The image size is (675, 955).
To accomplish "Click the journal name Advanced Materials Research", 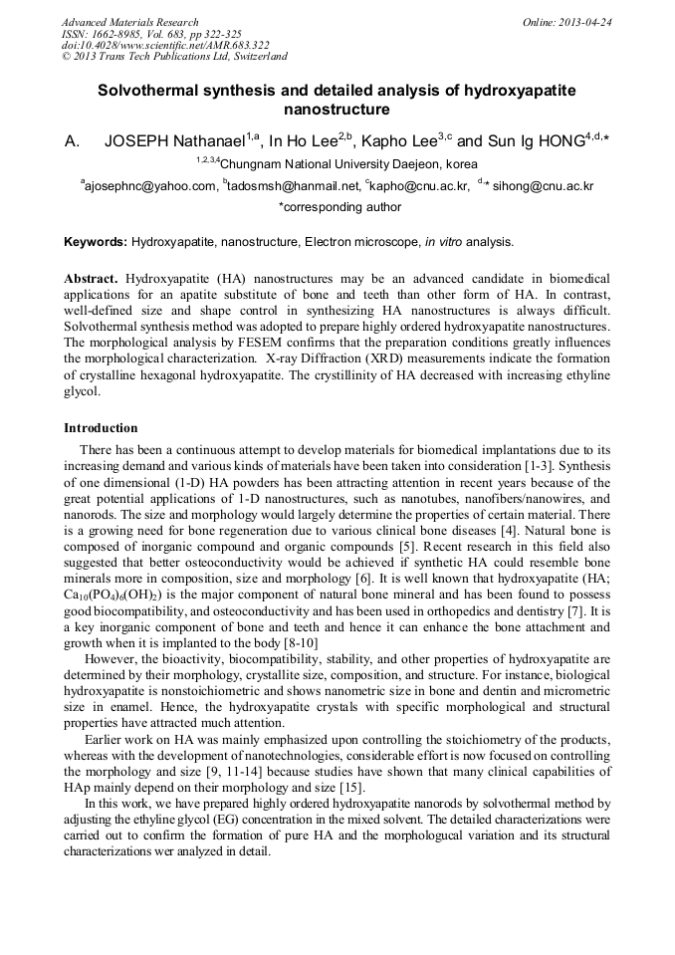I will pos(129,22).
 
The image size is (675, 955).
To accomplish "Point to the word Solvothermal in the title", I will pos(144,90).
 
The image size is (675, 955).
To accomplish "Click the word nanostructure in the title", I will pos(337,109).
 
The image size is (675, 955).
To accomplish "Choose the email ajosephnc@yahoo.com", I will pos(150,185).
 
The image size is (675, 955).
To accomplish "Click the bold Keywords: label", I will pos(96,242).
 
